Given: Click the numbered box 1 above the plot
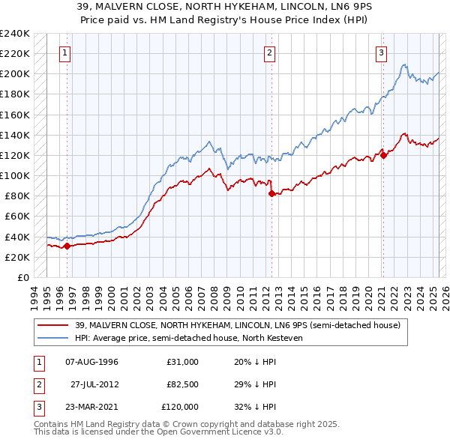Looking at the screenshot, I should pos(66,52).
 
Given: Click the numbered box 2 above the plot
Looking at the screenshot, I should pos(269,52).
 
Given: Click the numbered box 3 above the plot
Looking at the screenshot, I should pos(381,52).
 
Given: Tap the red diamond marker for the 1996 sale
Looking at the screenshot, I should pos(67,246).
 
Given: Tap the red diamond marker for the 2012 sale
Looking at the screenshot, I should pos(271,193).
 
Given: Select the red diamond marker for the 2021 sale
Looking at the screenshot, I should pos(383,155).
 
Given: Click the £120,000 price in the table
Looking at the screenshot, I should pos(181,407).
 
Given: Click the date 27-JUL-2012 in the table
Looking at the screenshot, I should pos(94,384).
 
